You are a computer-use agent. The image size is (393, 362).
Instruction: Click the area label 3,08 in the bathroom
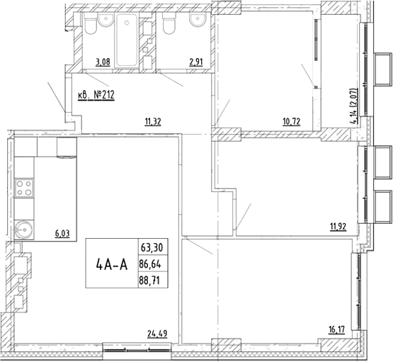103,62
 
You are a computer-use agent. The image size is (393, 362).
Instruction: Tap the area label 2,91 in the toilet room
196,62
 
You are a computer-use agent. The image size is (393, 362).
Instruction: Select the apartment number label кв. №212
96,95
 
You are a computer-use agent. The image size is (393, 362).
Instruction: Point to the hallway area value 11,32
153,122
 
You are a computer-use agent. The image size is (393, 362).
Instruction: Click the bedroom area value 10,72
292,122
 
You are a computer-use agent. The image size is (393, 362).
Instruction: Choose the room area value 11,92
338,227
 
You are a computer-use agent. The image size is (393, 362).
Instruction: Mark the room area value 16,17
336,330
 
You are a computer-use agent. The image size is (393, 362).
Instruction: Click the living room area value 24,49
157,334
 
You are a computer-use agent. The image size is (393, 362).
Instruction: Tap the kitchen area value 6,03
62,234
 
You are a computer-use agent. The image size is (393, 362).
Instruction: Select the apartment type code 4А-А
112,264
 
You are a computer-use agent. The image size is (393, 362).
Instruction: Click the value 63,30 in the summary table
152,248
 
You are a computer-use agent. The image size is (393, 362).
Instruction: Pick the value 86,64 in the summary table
150,264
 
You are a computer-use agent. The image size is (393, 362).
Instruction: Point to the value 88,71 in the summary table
149,281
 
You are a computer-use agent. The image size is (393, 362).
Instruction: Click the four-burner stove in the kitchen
24,188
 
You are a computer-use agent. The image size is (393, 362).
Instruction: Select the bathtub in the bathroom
127,40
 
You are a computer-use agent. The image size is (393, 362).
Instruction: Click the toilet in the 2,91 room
169,24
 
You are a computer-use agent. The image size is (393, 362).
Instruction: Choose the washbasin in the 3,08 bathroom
106,20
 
